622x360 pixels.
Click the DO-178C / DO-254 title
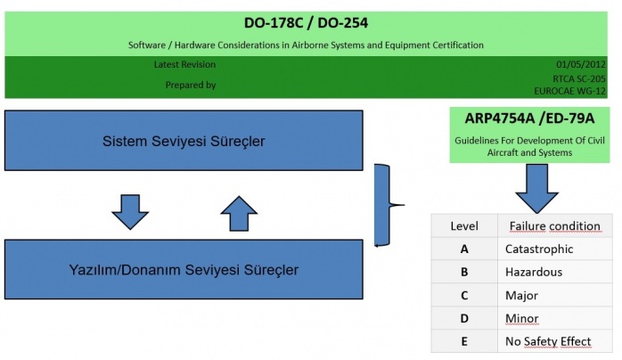coord(306,21)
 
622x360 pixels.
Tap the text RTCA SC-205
coord(583,78)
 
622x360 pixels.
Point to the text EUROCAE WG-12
coord(577,90)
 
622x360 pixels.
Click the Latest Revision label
coord(184,64)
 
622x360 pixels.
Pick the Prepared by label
coord(190,85)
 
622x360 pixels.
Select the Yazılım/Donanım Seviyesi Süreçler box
coord(184,269)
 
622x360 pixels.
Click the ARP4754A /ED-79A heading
coord(516,119)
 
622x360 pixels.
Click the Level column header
coord(464,225)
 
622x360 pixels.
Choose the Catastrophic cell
coord(539,249)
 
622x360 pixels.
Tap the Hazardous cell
coord(534,272)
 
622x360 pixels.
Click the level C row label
coord(464,295)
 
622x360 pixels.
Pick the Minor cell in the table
coord(522,318)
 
